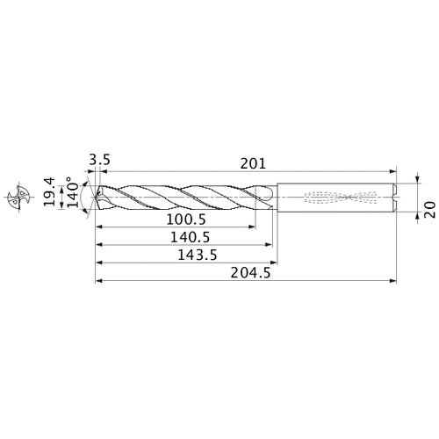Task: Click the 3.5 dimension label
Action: pyautogui.click(x=98, y=161)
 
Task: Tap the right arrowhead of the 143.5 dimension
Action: pyautogui.click(x=277, y=262)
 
